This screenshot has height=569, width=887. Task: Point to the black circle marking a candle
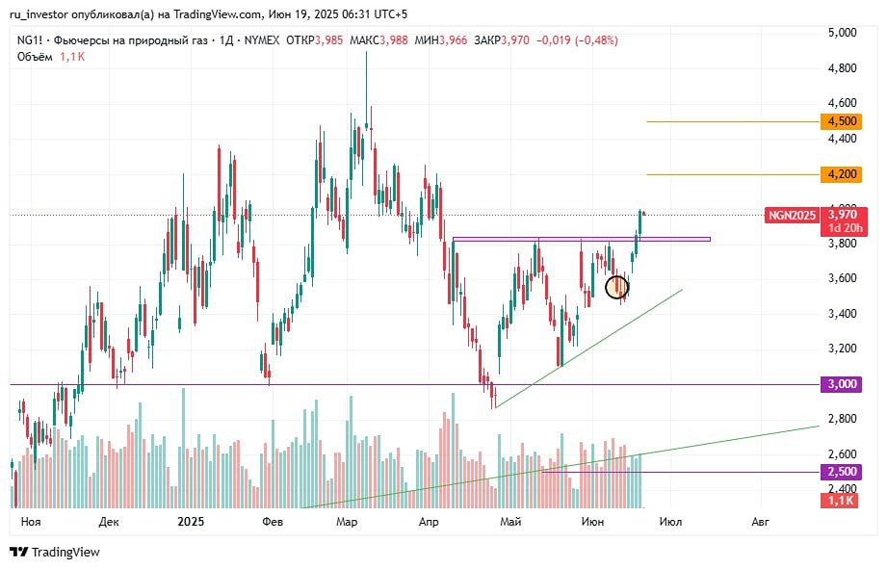[617, 286]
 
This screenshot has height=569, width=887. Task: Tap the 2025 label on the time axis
[191, 522]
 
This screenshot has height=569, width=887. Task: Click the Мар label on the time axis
[347, 522]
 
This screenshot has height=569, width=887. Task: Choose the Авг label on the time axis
[760, 522]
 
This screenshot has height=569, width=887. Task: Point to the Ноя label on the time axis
[31, 522]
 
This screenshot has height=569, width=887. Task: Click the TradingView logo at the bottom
[55, 553]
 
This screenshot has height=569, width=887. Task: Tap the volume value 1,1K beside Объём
[71, 57]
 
